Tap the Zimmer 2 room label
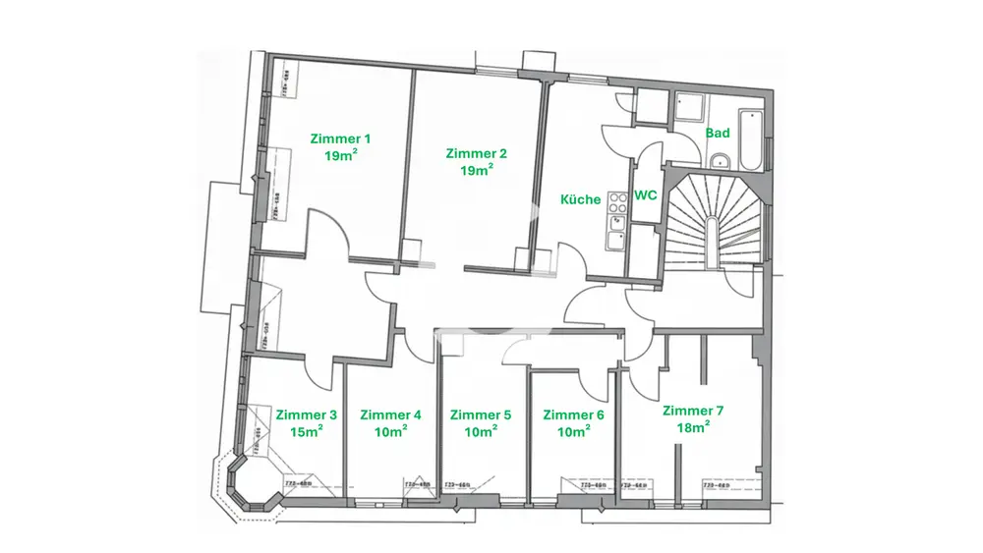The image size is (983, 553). pyautogui.click(x=476, y=153)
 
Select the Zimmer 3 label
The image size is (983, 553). pyautogui.click(x=307, y=415)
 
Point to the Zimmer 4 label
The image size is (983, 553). pyautogui.click(x=391, y=415)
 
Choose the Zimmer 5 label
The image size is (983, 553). pyautogui.click(x=481, y=415)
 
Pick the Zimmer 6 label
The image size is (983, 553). pyautogui.click(x=574, y=415)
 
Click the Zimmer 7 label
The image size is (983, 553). pyautogui.click(x=693, y=411)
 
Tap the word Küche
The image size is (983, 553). pyautogui.click(x=580, y=199)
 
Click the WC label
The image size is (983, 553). pyautogui.click(x=645, y=195)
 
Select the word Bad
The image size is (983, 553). pyautogui.click(x=718, y=134)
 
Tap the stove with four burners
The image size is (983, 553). pyautogui.click(x=618, y=203)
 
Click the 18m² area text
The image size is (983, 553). pyautogui.click(x=693, y=427)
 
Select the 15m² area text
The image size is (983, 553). pyautogui.click(x=307, y=431)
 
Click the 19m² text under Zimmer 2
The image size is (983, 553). pyautogui.click(x=476, y=170)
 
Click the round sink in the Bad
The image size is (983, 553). pyautogui.click(x=720, y=161)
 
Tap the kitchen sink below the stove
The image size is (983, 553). pyautogui.click(x=616, y=236)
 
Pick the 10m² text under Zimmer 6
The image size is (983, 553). pyautogui.click(x=574, y=431)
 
